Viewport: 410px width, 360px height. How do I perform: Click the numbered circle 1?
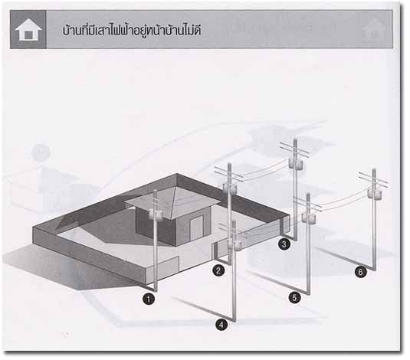pyautogui.click(x=149, y=299)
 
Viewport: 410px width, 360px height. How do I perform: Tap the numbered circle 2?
pyautogui.click(x=218, y=270)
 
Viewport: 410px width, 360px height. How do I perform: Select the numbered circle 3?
pyautogui.click(x=284, y=244)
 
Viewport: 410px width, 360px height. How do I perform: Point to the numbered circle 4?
pyautogui.click(x=221, y=325)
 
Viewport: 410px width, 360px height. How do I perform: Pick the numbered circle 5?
pyautogui.click(x=295, y=298)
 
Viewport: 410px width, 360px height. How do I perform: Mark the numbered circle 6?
pyautogui.click(x=361, y=272)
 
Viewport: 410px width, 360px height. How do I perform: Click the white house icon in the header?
pyautogui.click(x=28, y=30)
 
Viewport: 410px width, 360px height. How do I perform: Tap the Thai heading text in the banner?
pyautogui.click(x=132, y=31)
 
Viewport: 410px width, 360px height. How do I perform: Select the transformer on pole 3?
pyautogui.click(x=297, y=165)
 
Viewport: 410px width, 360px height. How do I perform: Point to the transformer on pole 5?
pyautogui.click(x=310, y=218)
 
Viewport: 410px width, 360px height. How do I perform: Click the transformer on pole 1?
pyautogui.click(x=156, y=214)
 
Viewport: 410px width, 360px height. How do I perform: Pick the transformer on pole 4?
pyautogui.click(x=235, y=245)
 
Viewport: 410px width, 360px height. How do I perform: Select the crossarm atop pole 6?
pyautogui.click(x=373, y=178)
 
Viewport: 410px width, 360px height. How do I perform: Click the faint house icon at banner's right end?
pyautogui.click(x=374, y=29)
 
